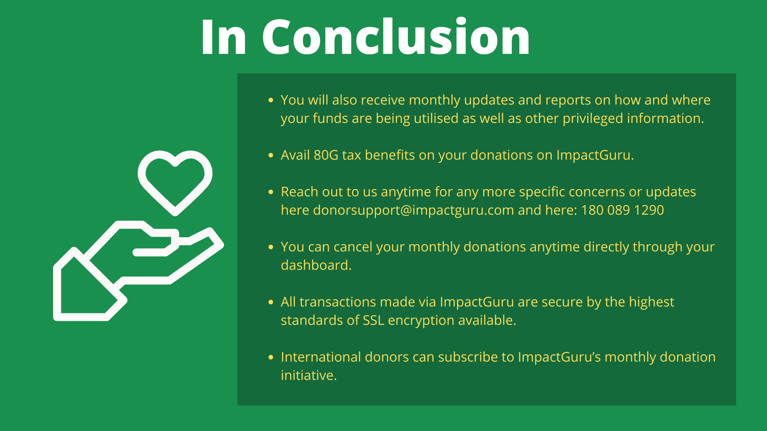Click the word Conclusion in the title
(396, 37)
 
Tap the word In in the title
(224, 37)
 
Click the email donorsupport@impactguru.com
(413, 210)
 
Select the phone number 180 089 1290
(622, 210)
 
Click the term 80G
(326, 155)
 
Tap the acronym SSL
(373, 320)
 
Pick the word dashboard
(316, 265)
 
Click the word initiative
(308, 375)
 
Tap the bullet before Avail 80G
(271, 155)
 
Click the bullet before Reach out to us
(271, 192)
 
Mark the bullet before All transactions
(271, 302)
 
